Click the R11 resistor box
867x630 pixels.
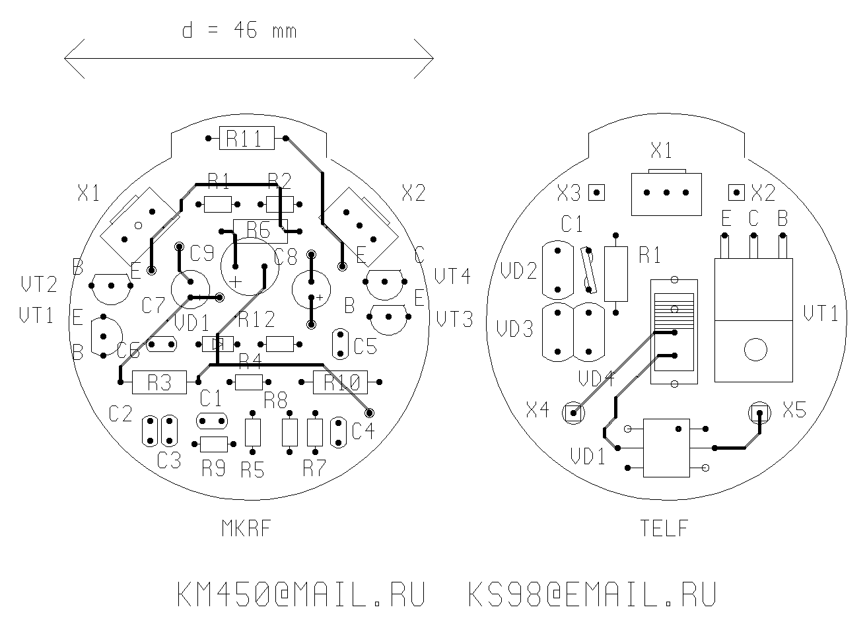click(x=246, y=138)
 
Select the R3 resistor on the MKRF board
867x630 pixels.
click(x=159, y=382)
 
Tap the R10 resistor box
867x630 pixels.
click(x=340, y=382)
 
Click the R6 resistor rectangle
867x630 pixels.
click(x=259, y=230)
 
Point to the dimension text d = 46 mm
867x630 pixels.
click(x=239, y=30)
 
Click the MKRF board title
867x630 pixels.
click(x=246, y=528)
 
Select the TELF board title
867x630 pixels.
click(x=664, y=528)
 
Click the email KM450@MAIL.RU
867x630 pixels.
click(x=300, y=595)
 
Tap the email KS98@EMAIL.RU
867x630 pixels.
click(x=592, y=595)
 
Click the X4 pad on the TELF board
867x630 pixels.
click(x=572, y=413)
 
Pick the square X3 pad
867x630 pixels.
click(x=597, y=193)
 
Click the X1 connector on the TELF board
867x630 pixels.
click(x=666, y=193)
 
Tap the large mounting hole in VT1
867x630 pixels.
click(x=755, y=349)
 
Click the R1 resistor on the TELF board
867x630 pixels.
click(x=616, y=273)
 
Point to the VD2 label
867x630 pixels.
click(x=518, y=271)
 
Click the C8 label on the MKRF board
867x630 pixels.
click(x=285, y=257)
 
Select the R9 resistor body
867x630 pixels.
click(x=213, y=444)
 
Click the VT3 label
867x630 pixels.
click(x=455, y=320)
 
